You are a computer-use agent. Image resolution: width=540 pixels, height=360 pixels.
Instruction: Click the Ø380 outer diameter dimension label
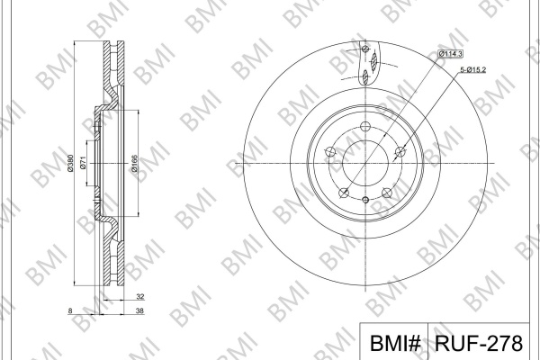point(70,163)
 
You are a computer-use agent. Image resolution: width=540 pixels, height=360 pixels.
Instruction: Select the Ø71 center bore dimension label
point(83,163)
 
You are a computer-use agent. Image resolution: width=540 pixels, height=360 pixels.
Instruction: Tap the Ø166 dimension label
point(134,163)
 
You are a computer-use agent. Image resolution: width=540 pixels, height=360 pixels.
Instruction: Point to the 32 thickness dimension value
point(139,297)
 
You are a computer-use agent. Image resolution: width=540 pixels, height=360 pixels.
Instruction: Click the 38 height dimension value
point(139,310)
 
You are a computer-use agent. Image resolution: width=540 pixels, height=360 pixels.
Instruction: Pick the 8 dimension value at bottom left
point(70,310)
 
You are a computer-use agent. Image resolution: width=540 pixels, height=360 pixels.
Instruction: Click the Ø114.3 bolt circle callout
point(450,54)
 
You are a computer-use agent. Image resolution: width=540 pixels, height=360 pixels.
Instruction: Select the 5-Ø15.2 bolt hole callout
point(473,70)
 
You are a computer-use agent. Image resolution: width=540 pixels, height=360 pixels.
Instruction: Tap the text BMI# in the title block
point(395,343)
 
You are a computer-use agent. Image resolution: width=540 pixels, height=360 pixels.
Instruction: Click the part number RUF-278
point(479,343)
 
